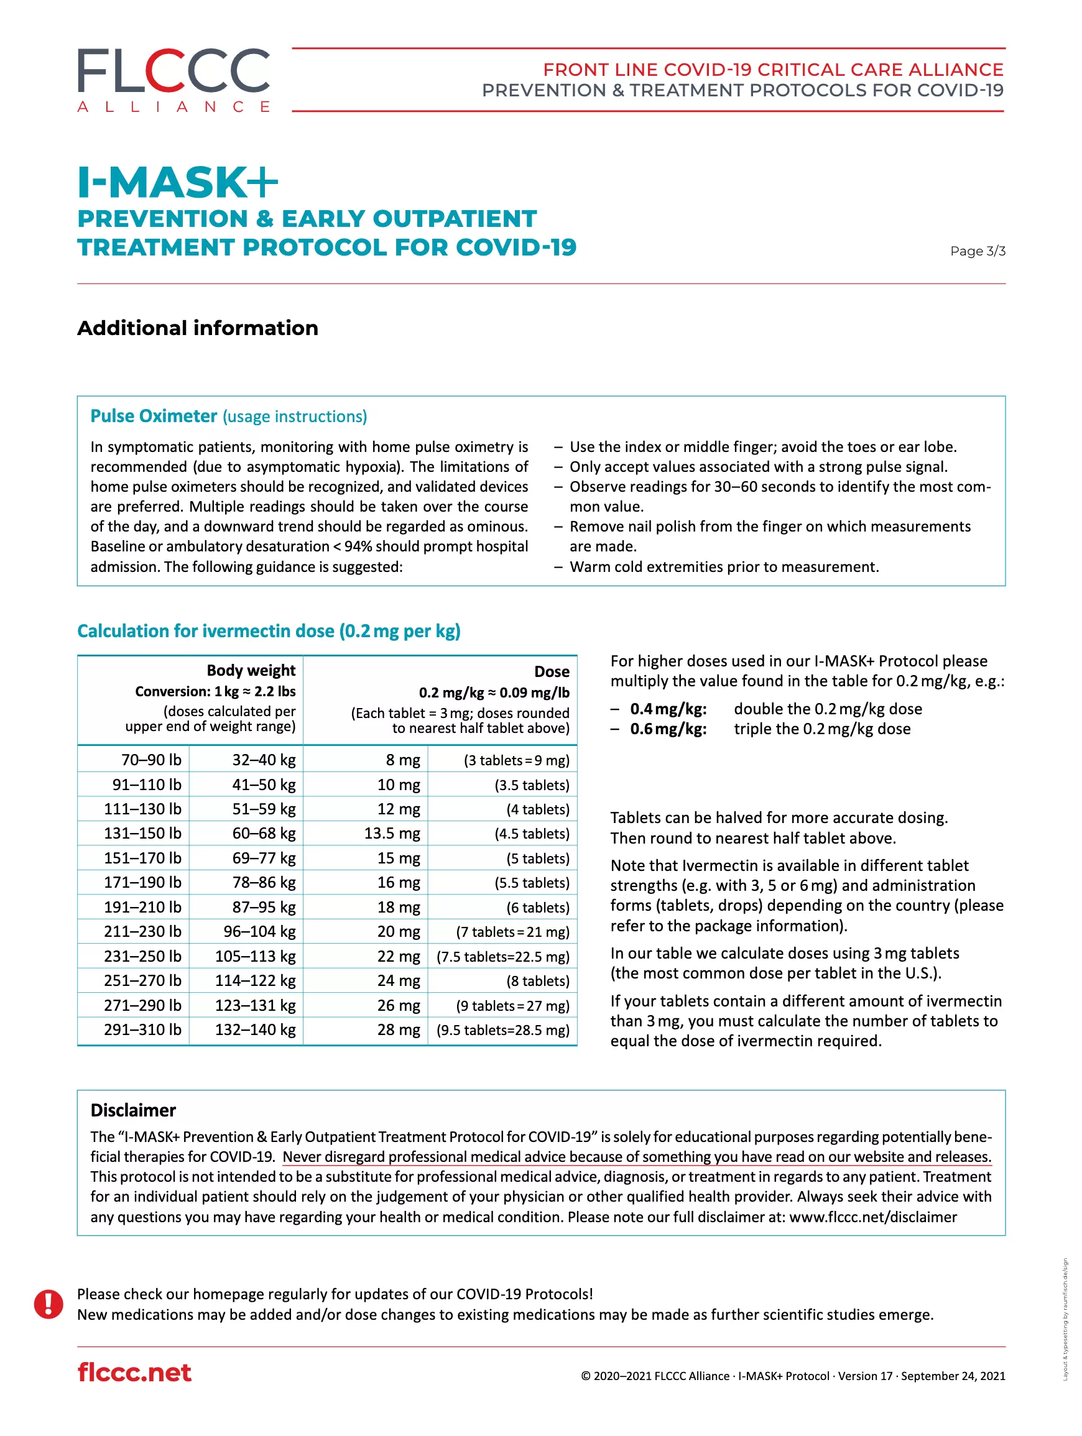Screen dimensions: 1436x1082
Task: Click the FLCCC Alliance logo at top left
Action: [173, 80]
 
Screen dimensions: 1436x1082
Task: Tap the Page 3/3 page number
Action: [977, 251]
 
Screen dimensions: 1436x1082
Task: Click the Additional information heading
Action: [198, 328]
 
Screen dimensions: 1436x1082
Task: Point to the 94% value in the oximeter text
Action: [356, 546]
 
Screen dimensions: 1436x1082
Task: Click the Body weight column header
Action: [251, 670]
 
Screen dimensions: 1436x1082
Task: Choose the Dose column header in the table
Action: [552, 671]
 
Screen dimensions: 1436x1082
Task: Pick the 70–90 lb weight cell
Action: [150, 760]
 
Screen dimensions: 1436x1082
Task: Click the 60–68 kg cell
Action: [264, 833]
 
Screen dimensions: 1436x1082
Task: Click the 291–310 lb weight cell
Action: [142, 1029]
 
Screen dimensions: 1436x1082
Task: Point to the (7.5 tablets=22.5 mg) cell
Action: [502, 956]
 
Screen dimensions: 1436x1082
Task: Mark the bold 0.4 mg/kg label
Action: [668, 709]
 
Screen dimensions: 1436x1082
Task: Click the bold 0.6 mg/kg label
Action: [668, 729]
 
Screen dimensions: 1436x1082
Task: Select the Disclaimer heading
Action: [133, 1110]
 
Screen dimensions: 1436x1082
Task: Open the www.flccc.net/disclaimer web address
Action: [873, 1217]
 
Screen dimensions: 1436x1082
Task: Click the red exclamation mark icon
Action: [49, 1304]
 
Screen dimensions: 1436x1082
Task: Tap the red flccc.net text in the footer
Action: [134, 1373]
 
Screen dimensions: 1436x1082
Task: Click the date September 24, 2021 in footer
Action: [953, 1376]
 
